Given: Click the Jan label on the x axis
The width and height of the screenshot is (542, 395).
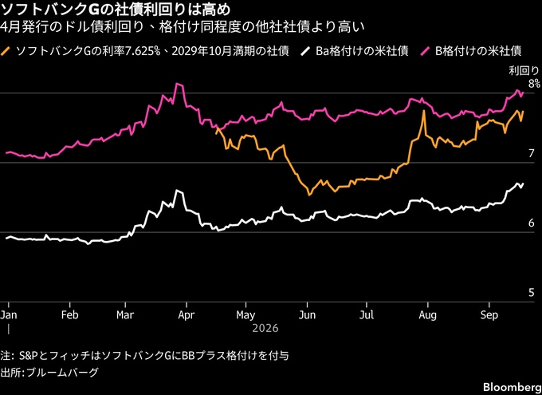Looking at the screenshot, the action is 9,315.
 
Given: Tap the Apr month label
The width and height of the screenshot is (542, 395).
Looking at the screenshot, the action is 187,315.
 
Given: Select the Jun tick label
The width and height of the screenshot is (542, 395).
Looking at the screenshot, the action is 307,315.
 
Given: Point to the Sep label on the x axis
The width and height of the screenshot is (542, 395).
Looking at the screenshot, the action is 489,315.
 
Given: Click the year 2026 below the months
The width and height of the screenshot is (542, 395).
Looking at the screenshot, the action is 265,328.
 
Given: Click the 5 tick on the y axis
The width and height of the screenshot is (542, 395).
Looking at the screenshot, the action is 532,293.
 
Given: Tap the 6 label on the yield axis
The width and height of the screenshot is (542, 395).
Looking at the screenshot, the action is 532,223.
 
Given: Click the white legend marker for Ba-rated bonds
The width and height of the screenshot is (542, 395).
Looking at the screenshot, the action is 304,52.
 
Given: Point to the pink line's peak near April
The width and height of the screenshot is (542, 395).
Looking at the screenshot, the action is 177,84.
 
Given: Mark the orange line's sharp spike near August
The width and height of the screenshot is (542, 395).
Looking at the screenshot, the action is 423,111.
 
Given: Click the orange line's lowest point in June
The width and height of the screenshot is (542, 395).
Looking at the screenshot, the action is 309,195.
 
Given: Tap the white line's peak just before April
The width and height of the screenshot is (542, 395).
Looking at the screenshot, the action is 177,190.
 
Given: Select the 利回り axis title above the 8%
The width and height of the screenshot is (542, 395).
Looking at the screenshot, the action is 528,71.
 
